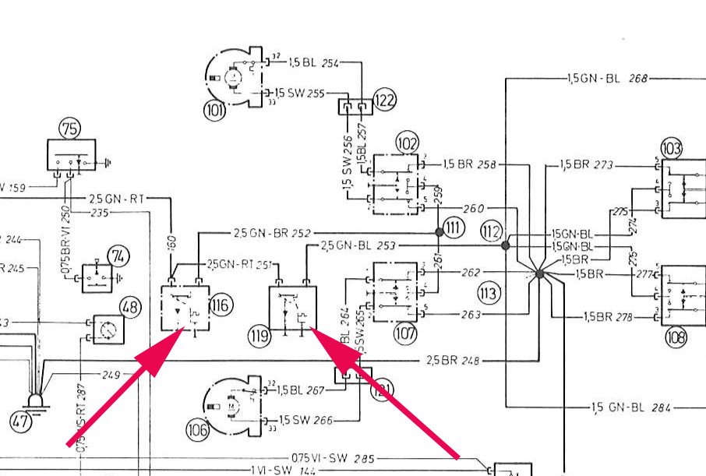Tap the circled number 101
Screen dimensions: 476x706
pos(215,110)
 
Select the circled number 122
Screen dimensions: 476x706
pos(384,100)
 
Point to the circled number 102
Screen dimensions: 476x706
pos(407,143)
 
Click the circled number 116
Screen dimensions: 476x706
pos(221,305)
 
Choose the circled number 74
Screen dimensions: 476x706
pos(118,256)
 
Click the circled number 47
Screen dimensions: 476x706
pos(22,423)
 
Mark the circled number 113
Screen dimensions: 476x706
pos(489,294)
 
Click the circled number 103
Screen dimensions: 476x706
pos(671,147)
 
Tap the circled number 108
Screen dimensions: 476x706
pos(676,338)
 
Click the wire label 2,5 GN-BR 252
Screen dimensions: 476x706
pos(272,232)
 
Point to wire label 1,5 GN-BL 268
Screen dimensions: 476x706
pos(606,79)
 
